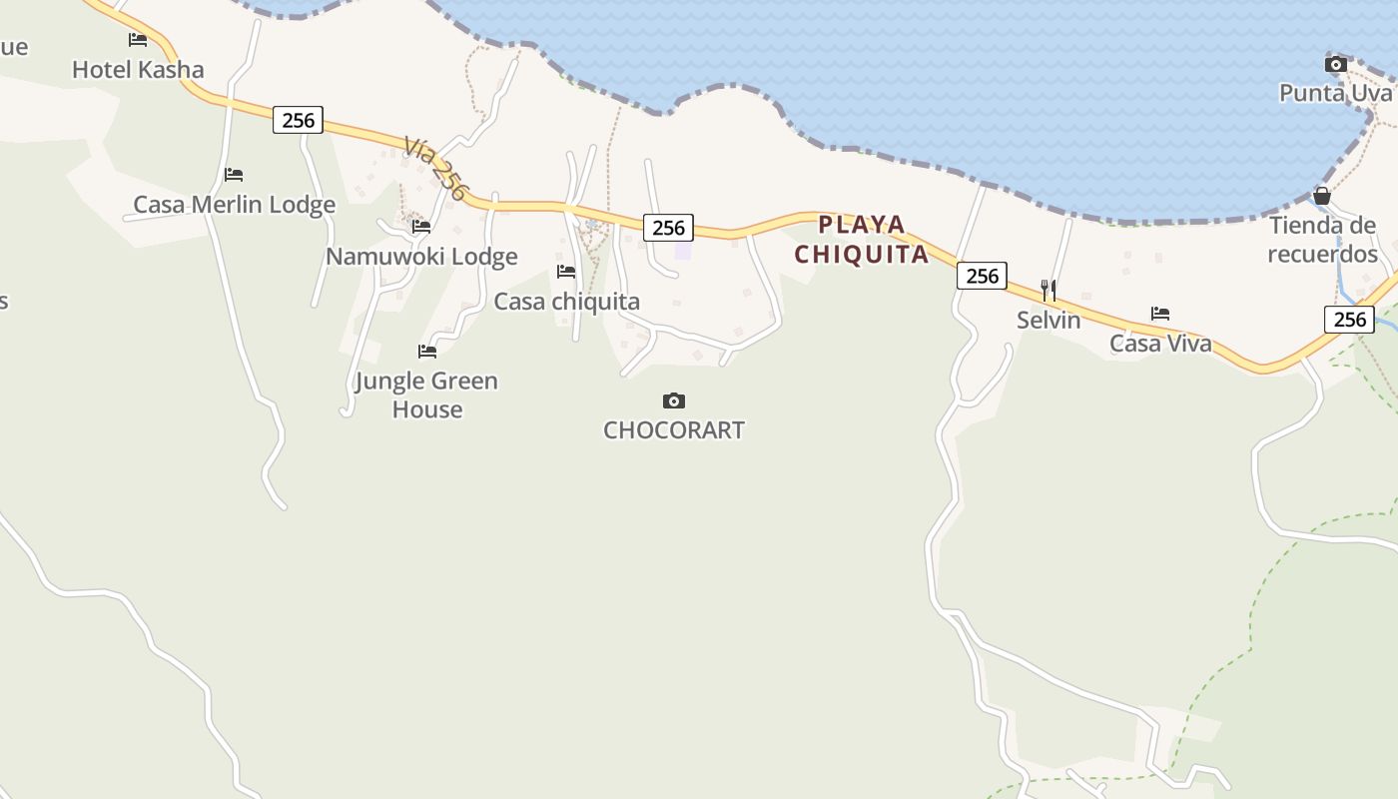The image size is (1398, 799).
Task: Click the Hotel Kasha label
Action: pyautogui.click(x=138, y=70)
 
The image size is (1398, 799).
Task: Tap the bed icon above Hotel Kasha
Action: pyautogui.click(x=138, y=40)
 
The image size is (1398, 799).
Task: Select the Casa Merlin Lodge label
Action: pyautogui.click(x=235, y=205)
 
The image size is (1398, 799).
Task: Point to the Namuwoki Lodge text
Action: pyautogui.click(x=421, y=257)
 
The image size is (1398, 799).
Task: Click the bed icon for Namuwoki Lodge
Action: pyautogui.click(x=421, y=227)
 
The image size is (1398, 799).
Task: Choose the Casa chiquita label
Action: pyautogui.click(x=567, y=302)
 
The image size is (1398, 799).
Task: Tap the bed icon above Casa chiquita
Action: pyautogui.click(x=566, y=272)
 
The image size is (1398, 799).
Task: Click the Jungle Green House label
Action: pyautogui.click(x=426, y=395)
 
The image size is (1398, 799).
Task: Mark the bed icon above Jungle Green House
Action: pyautogui.click(x=427, y=352)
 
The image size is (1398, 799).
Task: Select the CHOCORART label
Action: pyautogui.click(x=674, y=430)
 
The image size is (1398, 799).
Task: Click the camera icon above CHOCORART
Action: pyautogui.click(x=674, y=401)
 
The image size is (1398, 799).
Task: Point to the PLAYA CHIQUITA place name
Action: pyautogui.click(x=862, y=240)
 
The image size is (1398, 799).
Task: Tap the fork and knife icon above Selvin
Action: pyautogui.click(x=1048, y=291)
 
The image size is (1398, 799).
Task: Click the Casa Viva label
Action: pyautogui.click(x=1160, y=344)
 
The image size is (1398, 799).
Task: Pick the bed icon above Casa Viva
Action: pyautogui.click(x=1160, y=314)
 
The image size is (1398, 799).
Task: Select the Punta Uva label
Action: pyautogui.click(x=1335, y=93)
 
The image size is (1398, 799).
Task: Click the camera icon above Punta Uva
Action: pyautogui.click(x=1335, y=65)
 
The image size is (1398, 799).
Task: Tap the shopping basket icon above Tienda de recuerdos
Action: pyautogui.click(x=1322, y=196)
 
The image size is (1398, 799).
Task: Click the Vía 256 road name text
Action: pyautogui.click(x=436, y=169)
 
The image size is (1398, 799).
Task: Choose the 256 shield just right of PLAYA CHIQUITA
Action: pyautogui.click(x=982, y=276)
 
